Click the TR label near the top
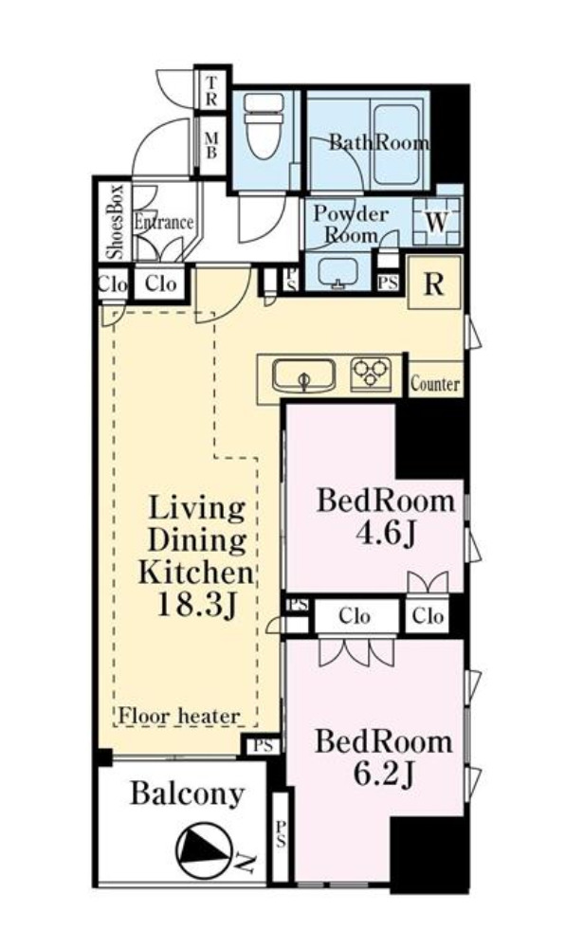point(210,91)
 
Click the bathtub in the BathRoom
point(396,144)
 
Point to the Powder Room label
point(351,224)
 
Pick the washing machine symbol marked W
point(437,221)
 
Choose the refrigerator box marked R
point(434,283)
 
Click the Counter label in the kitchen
point(435,383)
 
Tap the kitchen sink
point(303,375)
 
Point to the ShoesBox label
point(114,221)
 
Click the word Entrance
point(163,222)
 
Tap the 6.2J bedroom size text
point(384,774)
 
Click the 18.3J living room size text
point(196,604)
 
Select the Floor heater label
point(179,717)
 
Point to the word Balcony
point(188,793)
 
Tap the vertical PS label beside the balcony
point(281,833)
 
